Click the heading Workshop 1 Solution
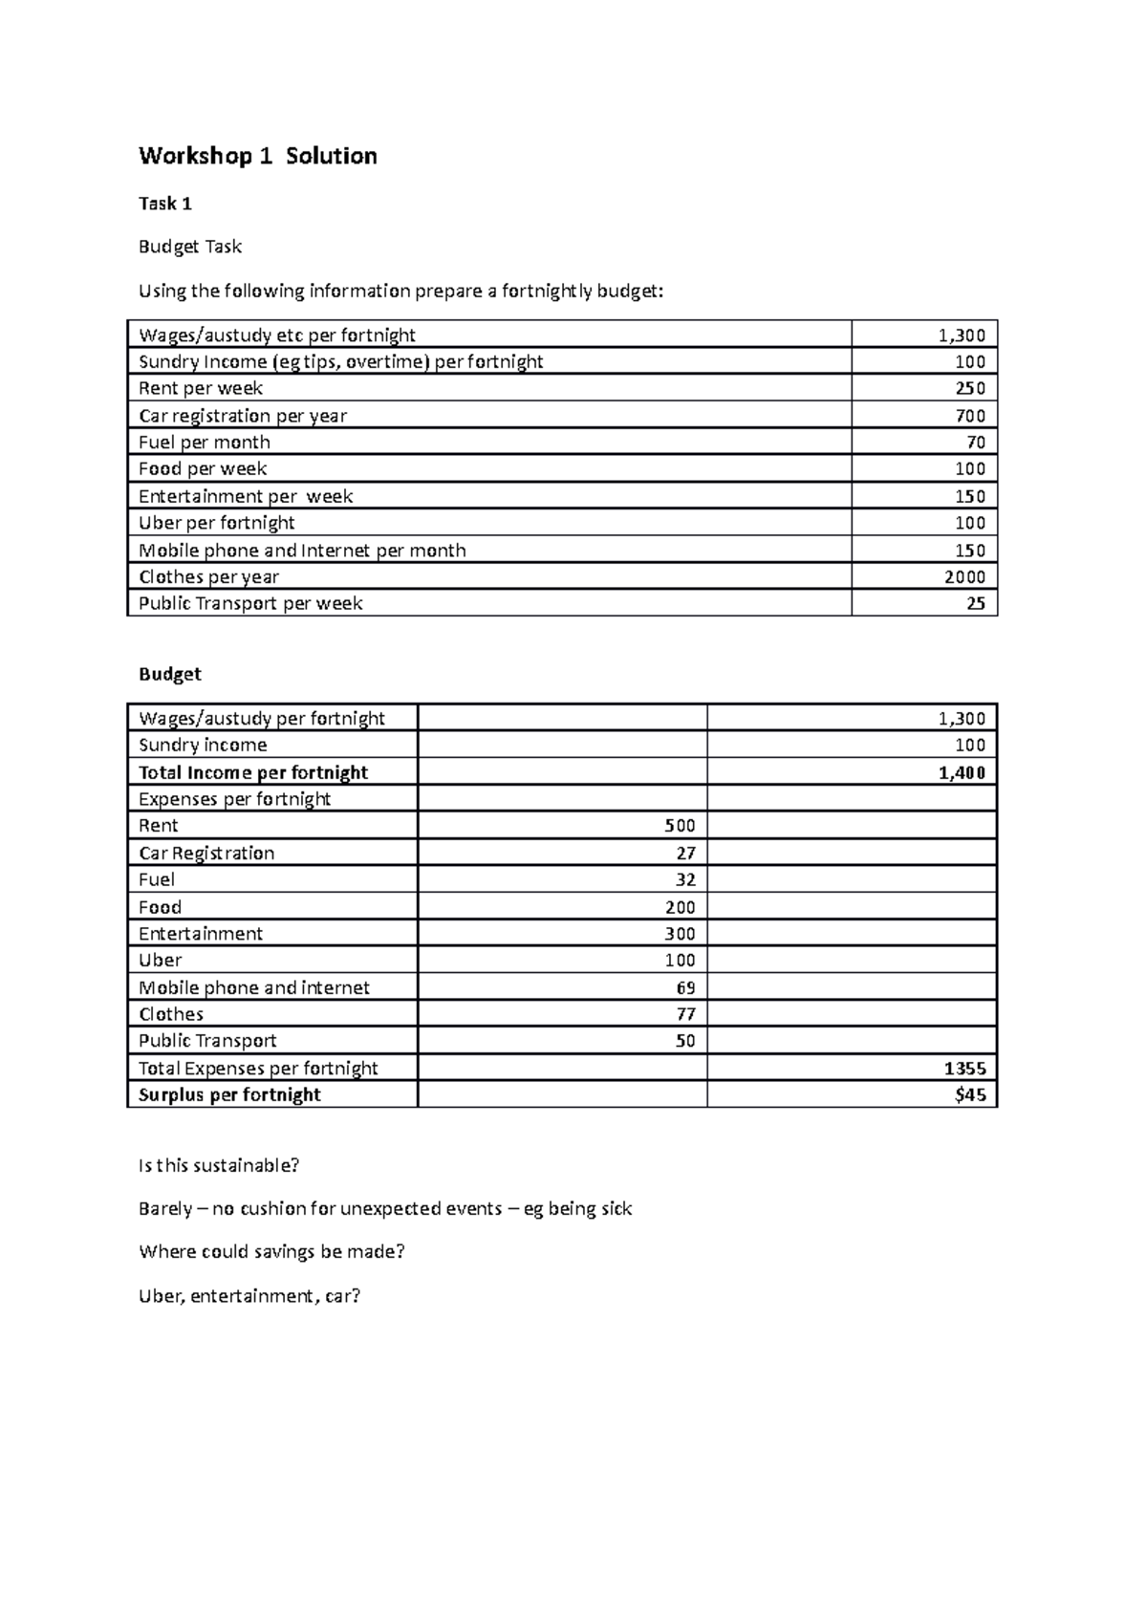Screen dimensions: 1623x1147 (x=257, y=156)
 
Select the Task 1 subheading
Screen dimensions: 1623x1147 (x=165, y=204)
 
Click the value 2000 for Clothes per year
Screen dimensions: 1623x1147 (x=964, y=576)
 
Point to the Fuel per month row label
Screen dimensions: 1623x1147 (x=205, y=443)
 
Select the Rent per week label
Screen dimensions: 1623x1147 (x=201, y=388)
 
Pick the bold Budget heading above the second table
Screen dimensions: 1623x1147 (x=170, y=674)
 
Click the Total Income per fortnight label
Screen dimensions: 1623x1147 (x=253, y=772)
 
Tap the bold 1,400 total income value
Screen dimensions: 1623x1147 (x=962, y=772)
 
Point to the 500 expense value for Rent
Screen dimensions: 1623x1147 (x=681, y=826)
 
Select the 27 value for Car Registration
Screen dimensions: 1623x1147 (x=685, y=853)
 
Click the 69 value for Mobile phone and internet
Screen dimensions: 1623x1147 (x=685, y=987)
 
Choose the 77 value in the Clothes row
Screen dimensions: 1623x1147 (x=685, y=1014)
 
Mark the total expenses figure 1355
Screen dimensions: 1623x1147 (x=963, y=1069)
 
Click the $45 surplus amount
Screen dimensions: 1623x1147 (x=970, y=1095)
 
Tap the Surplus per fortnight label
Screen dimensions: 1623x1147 (x=229, y=1095)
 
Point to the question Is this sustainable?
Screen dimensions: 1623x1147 (x=219, y=1165)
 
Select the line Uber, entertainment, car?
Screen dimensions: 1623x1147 (x=249, y=1297)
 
